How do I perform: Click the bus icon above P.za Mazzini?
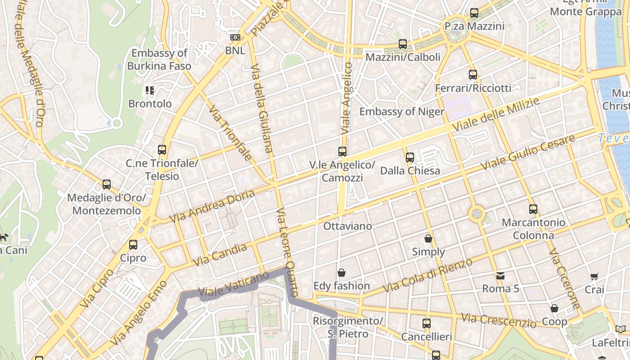(474, 13)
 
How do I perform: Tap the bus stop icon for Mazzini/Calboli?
(403, 44)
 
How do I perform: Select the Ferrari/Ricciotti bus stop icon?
(472, 75)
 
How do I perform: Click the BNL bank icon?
(235, 37)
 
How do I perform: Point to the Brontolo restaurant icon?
(150, 90)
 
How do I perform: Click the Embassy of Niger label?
(401, 112)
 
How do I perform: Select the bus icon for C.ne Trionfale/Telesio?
(162, 150)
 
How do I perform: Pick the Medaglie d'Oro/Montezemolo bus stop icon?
(107, 184)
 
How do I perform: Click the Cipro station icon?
(133, 245)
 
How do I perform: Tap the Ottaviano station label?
(348, 226)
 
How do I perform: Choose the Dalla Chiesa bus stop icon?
(409, 157)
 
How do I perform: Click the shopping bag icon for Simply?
(428, 238)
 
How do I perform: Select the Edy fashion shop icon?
(342, 273)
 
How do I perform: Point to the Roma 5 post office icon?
(500, 275)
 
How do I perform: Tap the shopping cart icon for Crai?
(594, 276)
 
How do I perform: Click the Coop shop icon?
(554, 308)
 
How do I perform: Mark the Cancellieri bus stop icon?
(426, 323)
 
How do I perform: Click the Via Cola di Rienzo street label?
(427, 275)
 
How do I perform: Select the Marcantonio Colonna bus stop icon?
(533, 209)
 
